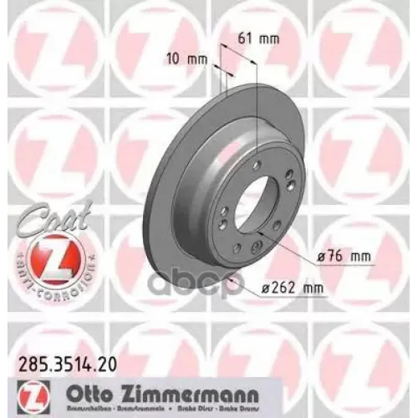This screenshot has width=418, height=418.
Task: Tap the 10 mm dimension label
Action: (186, 59)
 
